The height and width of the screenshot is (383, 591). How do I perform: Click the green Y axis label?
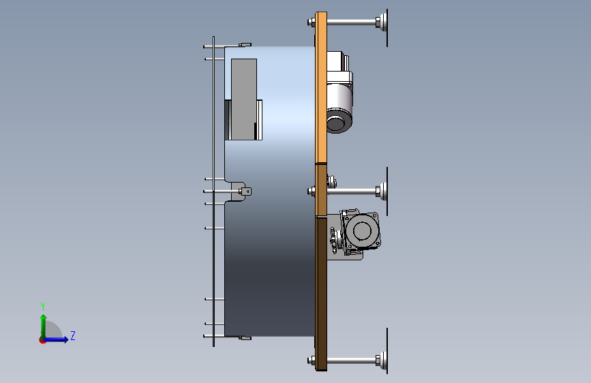[43, 306]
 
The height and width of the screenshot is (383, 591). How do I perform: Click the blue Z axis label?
[73, 335]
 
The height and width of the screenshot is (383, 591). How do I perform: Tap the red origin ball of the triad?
[42, 340]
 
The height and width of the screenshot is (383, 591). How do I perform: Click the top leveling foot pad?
[384, 22]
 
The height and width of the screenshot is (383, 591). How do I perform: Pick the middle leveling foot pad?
[384, 191]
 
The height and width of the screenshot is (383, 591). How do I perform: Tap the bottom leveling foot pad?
[384, 361]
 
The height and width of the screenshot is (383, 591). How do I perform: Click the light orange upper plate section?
[321, 87]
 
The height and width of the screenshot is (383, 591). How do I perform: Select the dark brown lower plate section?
[321, 294]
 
